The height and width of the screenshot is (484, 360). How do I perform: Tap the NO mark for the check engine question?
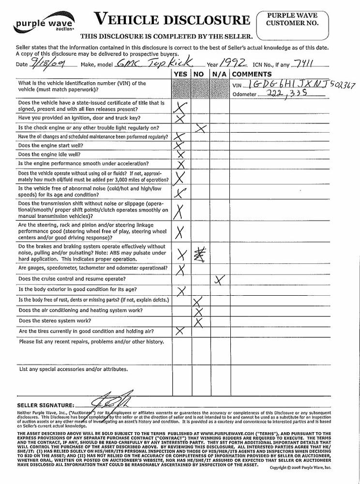pyautogui.click(x=200, y=128)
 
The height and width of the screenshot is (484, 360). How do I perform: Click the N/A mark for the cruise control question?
pyautogui.click(x=220, y=280)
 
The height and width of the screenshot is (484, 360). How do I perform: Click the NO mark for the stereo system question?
pyautogui.click(x=198, y=321)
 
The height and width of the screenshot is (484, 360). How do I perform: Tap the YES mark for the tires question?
pyautogui.click(x=180, y=331)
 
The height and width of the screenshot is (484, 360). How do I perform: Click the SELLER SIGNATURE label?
pyautogui.click(x=45, y=405)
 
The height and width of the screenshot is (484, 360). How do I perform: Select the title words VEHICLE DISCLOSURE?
pyautogui.click(x=172, y=20)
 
